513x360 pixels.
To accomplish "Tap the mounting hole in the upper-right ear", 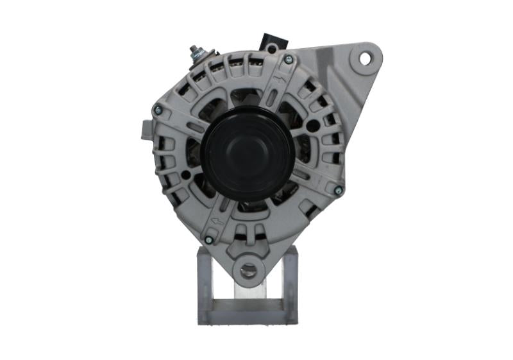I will click(x=365, y=58).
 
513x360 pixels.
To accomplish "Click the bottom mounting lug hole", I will click(x=248, y=270).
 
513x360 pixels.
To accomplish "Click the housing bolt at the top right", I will click(x=288, y=60).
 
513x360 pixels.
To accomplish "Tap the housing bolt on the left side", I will click(x=157, y=110).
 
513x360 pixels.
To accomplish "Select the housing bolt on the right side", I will click(x=339, y=190).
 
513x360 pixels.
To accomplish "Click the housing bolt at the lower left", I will click(x=208, y=239).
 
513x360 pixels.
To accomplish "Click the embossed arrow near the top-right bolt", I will click(x=277, y=81).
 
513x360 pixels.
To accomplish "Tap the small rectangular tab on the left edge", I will click(x=144, y=129).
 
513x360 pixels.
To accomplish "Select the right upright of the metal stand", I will click(x=290, y=282).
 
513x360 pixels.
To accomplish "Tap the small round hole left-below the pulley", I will click(x=186, y=174).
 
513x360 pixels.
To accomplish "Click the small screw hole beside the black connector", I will click(x=273, y=48).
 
